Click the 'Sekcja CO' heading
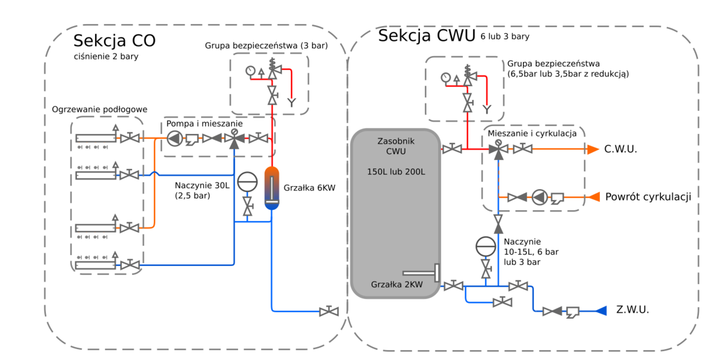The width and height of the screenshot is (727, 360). coord(114,41)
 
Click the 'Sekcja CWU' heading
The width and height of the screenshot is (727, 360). coord(427,36)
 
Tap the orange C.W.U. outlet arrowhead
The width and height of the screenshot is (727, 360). coord(592,149)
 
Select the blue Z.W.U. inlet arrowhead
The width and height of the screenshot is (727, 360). coord(600,311)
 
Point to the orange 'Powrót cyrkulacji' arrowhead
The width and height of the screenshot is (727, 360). coord(594,196)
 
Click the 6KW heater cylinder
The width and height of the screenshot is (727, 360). coord(272,188)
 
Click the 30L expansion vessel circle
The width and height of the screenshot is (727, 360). coord(247,182)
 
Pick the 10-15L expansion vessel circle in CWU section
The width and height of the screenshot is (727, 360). coord(485,246)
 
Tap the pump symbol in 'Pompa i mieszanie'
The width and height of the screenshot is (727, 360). coord(174,139)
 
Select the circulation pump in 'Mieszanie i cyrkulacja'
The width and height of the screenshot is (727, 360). coord(539,196)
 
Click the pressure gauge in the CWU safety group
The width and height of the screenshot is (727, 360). coord(446,77)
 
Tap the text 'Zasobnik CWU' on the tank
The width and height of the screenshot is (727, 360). coord(396,145)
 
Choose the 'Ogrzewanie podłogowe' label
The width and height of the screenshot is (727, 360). coord(100,109)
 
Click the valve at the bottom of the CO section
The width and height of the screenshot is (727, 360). coord(328,312)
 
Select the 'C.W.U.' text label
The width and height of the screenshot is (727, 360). coord(620,149)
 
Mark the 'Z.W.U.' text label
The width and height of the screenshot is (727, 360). coord(632,310)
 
